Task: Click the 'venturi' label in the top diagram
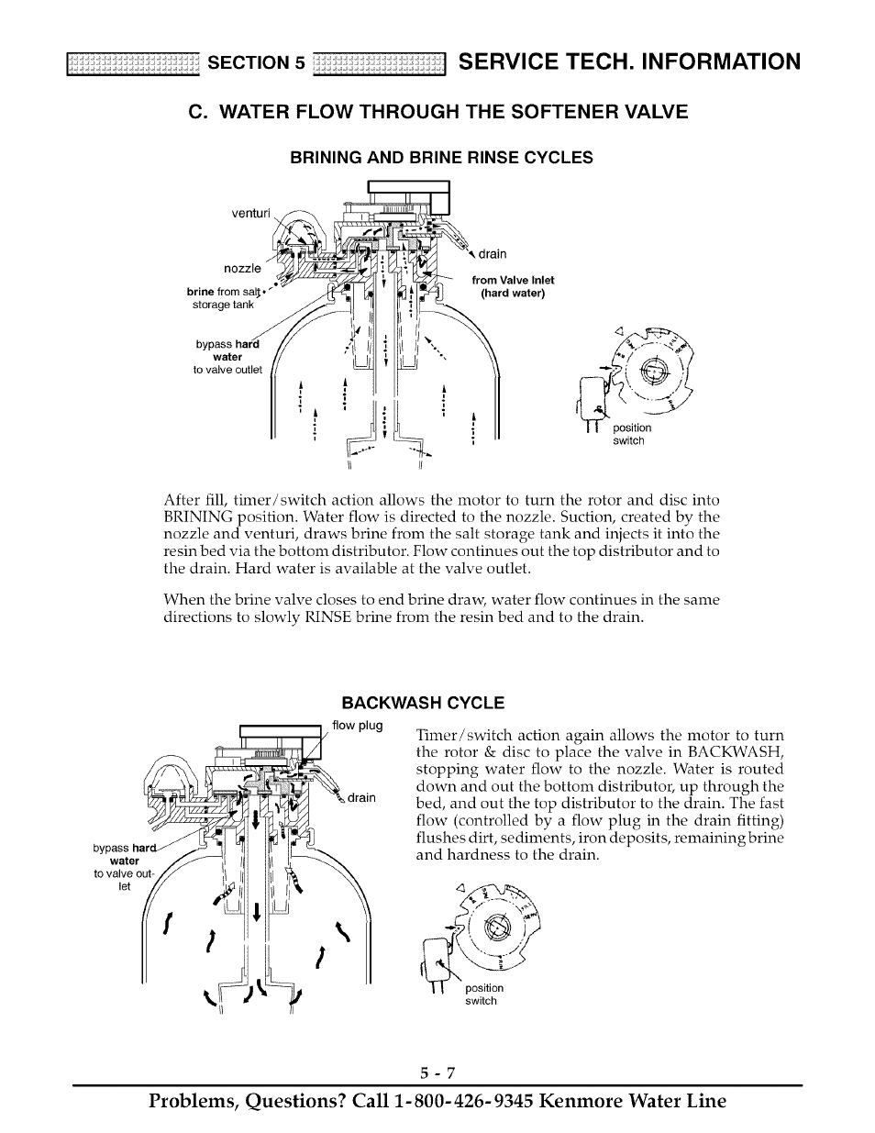(x=250, y=214)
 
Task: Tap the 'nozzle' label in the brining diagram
(x=242, y=269)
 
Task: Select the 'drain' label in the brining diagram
(x=492, y=254)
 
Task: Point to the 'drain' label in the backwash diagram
(x=361, y=797)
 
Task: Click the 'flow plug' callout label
(x=358, y=726)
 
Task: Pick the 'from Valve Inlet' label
(x=513, y=281)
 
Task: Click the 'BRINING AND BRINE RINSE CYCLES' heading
(x=441, y=158)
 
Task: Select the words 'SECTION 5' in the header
(x=255, y=62)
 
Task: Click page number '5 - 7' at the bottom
(x=437, y=1072)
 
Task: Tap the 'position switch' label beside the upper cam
(x=632, y=434)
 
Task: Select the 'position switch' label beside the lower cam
(x=483, y=994)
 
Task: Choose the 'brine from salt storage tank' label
(x=224, y=298)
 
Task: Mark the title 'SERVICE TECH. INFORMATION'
(x=629, y=61)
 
